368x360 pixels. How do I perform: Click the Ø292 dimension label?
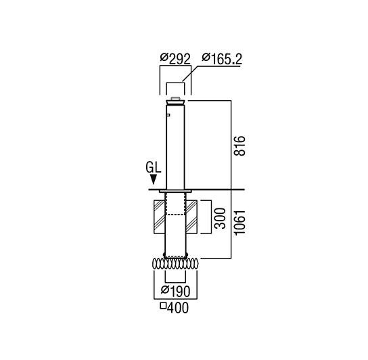pyautogui.click(x=175, y=59)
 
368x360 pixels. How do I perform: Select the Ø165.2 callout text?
pyautogui.click(x=222, y=59)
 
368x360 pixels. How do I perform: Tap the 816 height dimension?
pyautogui.click(x=239, y=145)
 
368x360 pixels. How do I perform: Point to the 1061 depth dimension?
pyautogui.click(x=239, y=222)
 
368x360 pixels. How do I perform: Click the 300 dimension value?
pyautogui.click(x=221, y=218)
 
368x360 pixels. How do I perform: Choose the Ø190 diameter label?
pyautogui.click(x=175, y=291)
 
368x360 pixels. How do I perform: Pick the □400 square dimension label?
pyautogui.click(x=175, y=308)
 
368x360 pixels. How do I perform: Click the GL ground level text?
pyautogui.click(x=154, y=168)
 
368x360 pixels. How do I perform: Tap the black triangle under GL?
pyautogui.click(x=154, y=179)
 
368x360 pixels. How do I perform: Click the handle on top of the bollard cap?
pyautogui.click(x=175, y=98)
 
